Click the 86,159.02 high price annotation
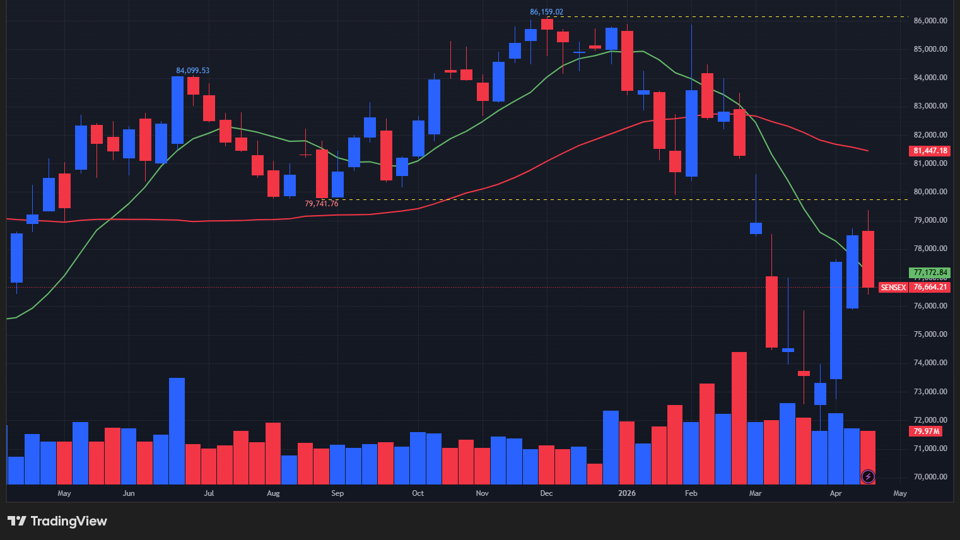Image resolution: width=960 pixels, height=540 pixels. [546, 12]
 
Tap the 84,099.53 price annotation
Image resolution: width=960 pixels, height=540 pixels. [192, 71]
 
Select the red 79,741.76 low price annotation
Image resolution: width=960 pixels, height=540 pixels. [321, 204]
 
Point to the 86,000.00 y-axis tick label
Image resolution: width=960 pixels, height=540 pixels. [930, 21]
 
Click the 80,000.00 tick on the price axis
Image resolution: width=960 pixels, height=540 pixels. [930, 192]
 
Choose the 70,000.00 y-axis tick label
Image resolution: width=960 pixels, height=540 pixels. [930, 477]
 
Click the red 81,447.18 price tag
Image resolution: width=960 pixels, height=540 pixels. [930, 151]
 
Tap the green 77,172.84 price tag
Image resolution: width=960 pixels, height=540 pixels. [930, 273]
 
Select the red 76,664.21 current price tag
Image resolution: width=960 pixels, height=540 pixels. [930, 287]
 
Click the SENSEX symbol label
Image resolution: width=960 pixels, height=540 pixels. [893, 287]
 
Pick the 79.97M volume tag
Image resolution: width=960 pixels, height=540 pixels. [925, 431]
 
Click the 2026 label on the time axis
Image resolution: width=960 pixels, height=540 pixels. [626, 493]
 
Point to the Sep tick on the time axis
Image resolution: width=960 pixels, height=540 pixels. [337, 493]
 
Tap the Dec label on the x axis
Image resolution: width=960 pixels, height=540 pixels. [546, 493]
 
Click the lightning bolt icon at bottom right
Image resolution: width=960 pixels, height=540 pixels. [868, 476]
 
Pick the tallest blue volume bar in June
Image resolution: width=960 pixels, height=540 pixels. [177, 430]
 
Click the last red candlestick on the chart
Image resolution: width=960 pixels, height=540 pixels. [868, 259]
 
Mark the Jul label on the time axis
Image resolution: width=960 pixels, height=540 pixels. [209, 493]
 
